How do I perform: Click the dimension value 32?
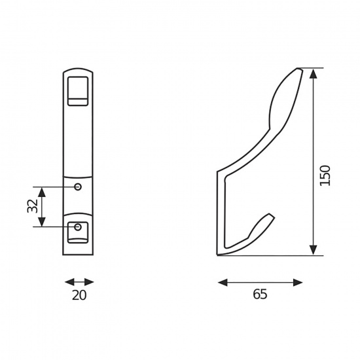pos(32,206)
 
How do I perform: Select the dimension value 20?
pos(79,295)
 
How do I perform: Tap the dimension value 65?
pos(260,294)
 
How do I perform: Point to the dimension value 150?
pos(325,175)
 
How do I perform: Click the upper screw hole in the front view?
pos(78,187)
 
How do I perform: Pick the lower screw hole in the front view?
pos(78,227)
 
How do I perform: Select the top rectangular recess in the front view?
pos(78,91)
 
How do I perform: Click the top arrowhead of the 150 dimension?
pos(313,74)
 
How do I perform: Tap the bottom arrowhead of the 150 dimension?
pos(313,250)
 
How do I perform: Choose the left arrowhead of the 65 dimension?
pos(223,282)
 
